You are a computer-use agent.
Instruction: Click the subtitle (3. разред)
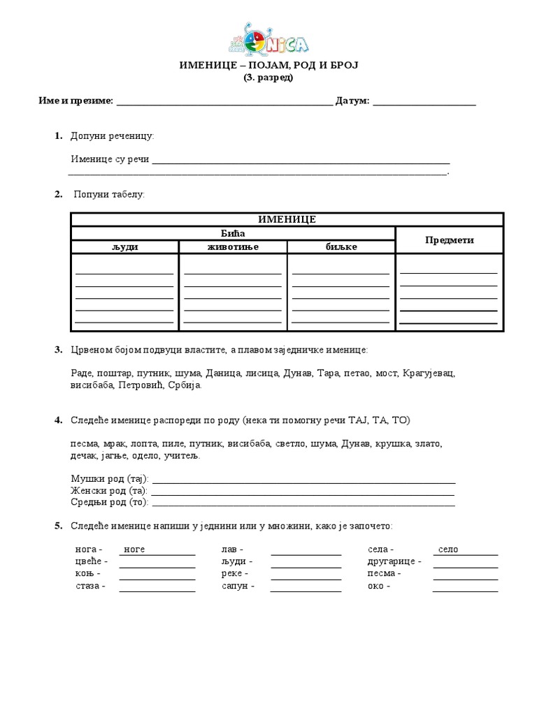coord(268,78)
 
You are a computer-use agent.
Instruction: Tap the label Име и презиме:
coord(76,101)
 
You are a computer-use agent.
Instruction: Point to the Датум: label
coord(352,101)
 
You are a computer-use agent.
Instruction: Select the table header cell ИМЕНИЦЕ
coord(287,219)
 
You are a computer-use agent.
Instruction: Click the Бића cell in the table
coord(232,233)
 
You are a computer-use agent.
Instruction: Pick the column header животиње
coord(233,247)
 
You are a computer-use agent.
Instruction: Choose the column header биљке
coord(341,247)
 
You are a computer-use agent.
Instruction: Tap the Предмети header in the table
coord(450,240)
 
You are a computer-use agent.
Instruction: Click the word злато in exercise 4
coord(428,443)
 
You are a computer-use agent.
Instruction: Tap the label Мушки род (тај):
coord(110,479)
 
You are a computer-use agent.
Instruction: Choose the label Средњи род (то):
coord(110,501)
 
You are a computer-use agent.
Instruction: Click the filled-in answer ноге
coord(134,550)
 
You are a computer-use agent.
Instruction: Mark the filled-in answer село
coord(448,550)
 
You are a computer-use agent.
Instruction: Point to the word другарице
coord(392,561)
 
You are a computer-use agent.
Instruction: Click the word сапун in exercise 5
coord(234,587)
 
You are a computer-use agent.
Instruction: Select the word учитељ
coord(181,455)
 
